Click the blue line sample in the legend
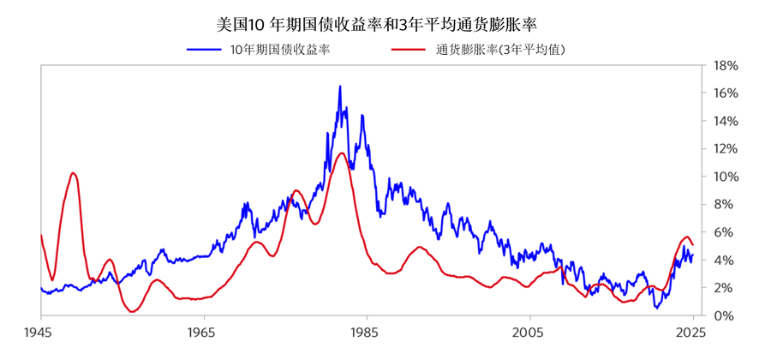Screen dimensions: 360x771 (x=206, y=49)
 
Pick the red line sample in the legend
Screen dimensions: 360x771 (x=409, y=49)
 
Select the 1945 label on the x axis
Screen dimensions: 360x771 (x=40, y=331)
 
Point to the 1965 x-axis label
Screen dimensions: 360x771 (x=202, y=331)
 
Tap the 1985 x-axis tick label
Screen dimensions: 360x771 (x=365, y=331)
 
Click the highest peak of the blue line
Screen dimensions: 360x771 (x=340, y=86)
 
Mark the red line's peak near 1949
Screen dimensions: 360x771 (x=74, y=173)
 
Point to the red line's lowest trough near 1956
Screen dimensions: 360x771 (x=132, y=312)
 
